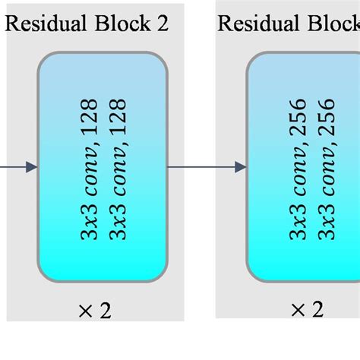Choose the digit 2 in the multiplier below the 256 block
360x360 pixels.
click(x=317, y=309)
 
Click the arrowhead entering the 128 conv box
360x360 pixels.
click(x=31, y=166)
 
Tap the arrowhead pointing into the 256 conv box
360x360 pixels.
click(x=241, y=166)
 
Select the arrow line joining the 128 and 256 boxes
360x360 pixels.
click(x=201, y=166)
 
